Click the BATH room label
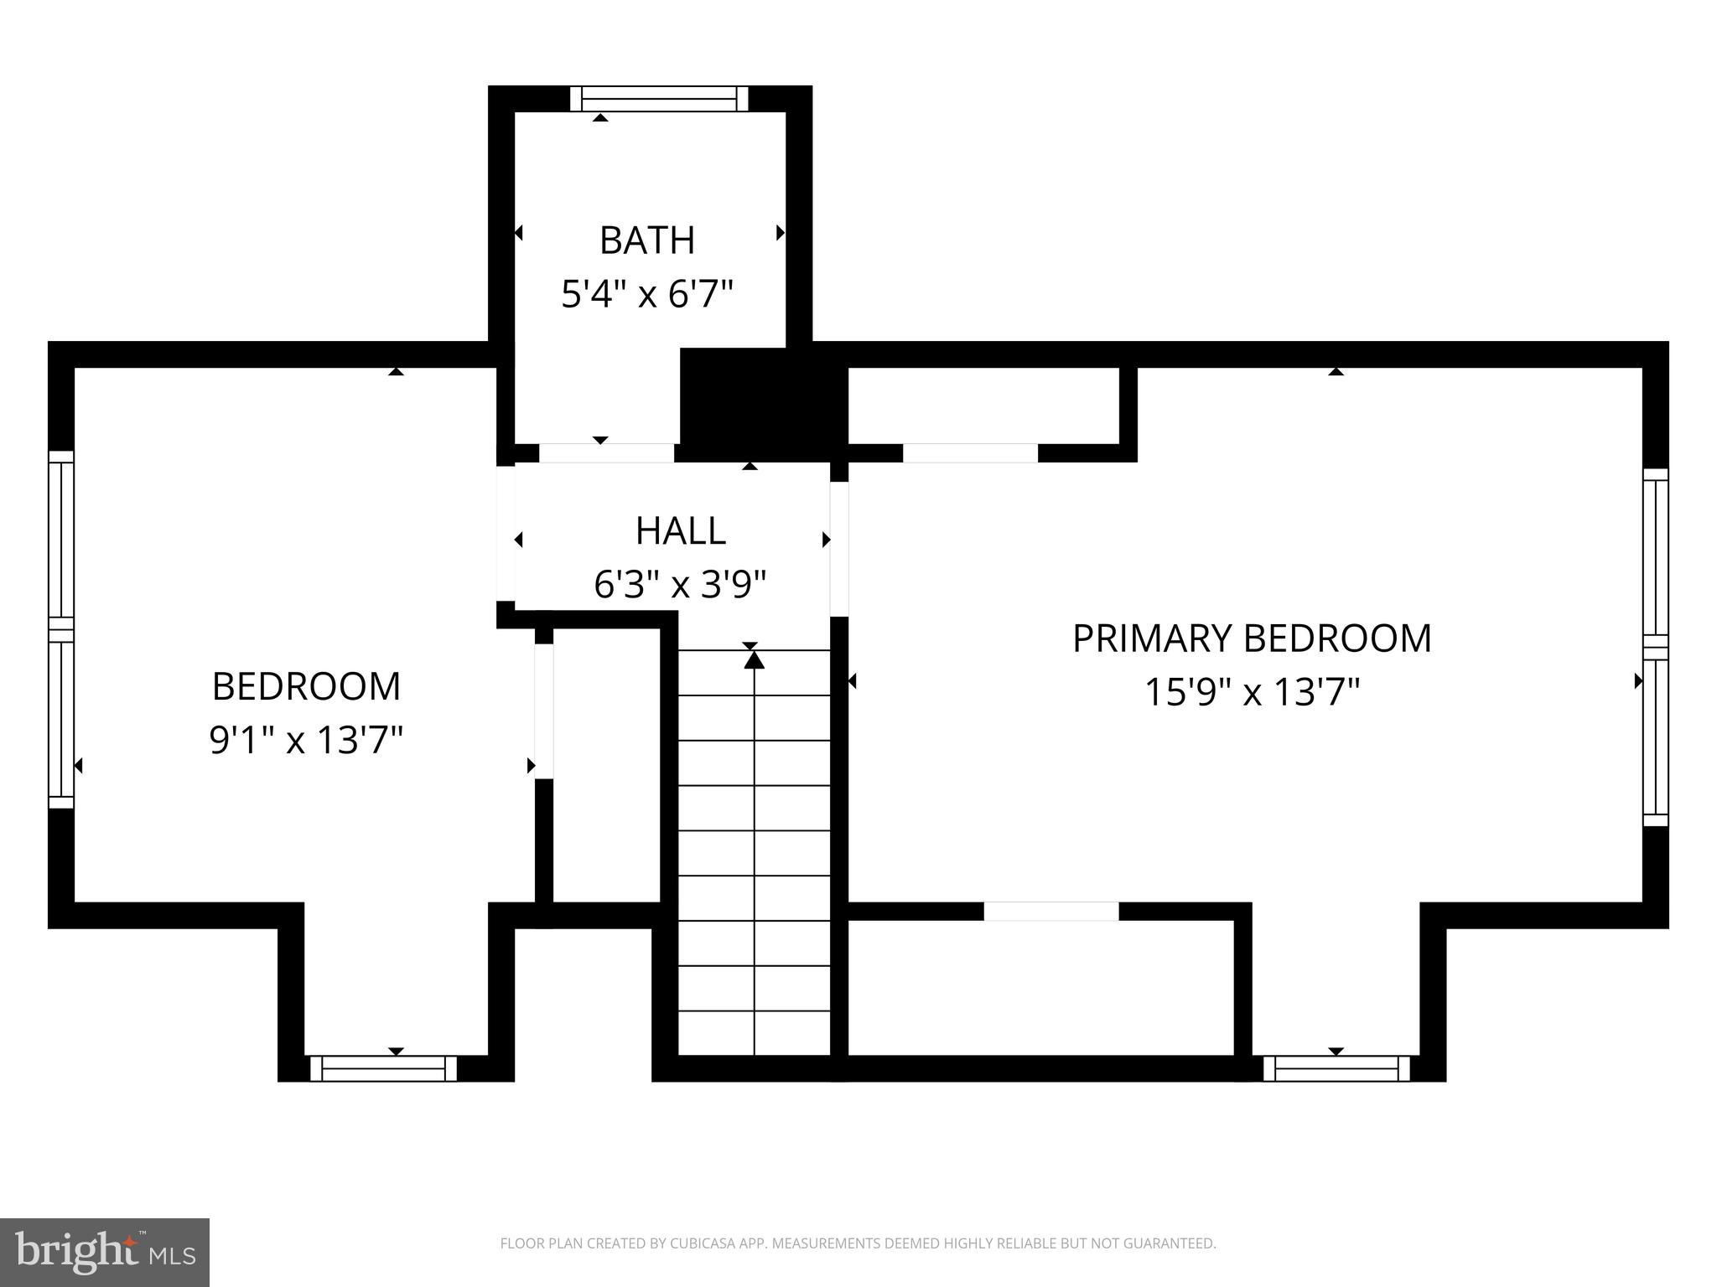[647, 240]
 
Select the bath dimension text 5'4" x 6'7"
[647, 295]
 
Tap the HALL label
[680, 530]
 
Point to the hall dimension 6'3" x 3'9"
[680, 585]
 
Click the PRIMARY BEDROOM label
[1252, 638]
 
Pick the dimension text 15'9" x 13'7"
[1252, 693]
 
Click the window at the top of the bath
[659, 99]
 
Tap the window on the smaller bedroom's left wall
[61, 629]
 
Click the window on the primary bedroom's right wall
[1655, 647]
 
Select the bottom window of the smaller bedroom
[384, 1068]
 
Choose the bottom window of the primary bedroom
[1336, 1068]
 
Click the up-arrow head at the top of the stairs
[755, 661]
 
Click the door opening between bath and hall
[606, 453]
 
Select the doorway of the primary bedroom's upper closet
[970, 453]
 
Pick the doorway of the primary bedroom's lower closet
[1050, 912]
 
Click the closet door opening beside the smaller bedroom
[544, 711]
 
